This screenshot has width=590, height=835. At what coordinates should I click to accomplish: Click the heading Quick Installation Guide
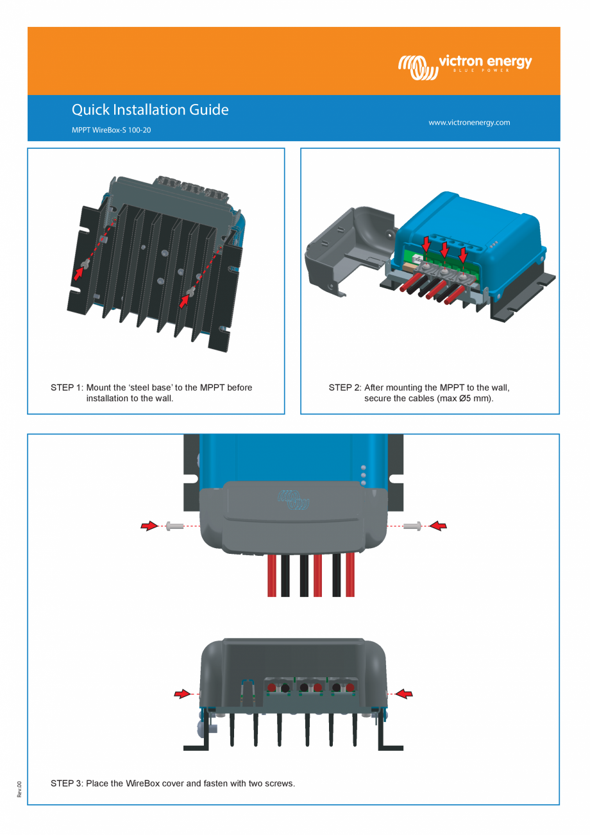[150, 110]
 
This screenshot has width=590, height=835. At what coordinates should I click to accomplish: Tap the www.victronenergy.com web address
[469, 123]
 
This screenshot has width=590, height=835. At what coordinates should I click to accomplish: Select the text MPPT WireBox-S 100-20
[111, 130]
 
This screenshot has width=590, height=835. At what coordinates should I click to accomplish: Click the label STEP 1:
[67, 388]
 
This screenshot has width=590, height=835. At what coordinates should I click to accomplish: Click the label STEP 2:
[344, 388]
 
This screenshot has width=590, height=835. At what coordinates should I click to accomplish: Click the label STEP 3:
[67, 783]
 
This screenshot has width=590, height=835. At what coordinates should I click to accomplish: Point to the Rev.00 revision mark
[19, 789]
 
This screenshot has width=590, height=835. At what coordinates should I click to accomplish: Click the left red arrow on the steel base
[78, 273]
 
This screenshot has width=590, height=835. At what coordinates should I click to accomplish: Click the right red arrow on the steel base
[185, 301]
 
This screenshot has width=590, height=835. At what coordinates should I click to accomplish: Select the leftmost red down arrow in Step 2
[426, 243]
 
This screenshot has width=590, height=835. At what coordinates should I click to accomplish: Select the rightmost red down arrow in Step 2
[463, 255]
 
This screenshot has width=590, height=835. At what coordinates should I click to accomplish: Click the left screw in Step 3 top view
[174, 526]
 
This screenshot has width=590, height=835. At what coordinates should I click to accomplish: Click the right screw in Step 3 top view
[412, 526]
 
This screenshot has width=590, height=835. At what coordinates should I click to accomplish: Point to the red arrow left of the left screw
[149, 526]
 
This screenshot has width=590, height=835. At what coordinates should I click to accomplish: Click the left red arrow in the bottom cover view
[183, 694]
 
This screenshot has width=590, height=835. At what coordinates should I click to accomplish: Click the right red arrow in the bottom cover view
[404, 694]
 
